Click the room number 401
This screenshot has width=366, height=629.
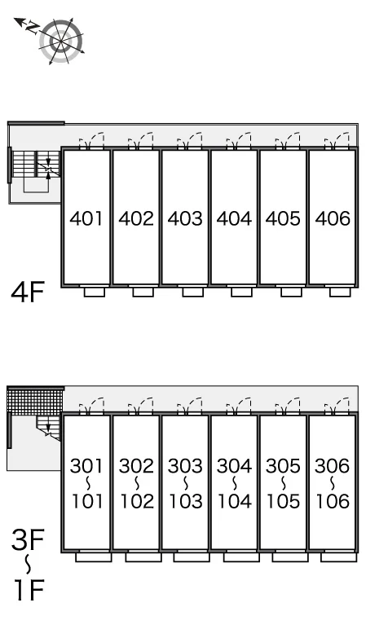86,218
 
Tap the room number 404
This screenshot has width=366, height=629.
234,218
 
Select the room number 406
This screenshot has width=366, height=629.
333,218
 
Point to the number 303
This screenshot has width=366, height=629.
185,466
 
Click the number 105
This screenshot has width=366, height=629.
284,501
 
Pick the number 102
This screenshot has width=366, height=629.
137,501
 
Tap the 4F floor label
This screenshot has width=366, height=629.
27,292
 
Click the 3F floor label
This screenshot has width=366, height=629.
27,540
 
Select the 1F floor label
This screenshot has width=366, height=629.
29,589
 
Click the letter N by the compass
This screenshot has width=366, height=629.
32,27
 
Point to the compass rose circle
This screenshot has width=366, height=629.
61,41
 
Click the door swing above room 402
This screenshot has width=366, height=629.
140,140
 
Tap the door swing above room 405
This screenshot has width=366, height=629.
288,140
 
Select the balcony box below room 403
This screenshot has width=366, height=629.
192,292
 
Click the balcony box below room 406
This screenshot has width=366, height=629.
340,292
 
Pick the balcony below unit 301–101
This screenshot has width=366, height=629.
94,556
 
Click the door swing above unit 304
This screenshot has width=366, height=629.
239,406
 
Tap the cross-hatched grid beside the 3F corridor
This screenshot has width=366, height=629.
35,400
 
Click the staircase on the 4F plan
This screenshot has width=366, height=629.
36,164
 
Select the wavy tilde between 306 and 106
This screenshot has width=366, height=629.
333,484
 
